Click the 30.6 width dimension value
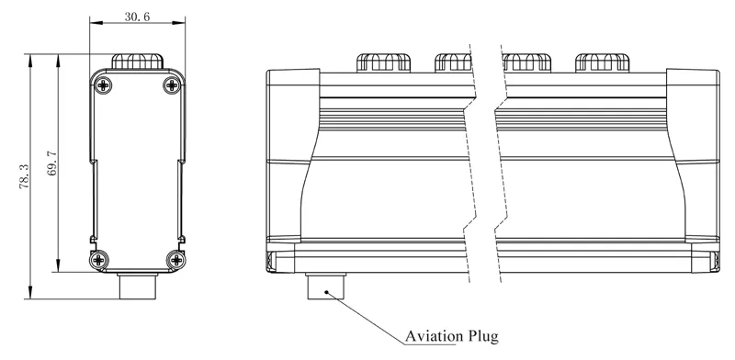click(x=137, y=17)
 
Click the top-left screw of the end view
click(x=101, y=84)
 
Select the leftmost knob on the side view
click(x=382, y=62)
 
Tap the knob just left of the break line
click(x=452, y=62)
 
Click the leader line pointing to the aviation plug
click(x=367, y=318)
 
